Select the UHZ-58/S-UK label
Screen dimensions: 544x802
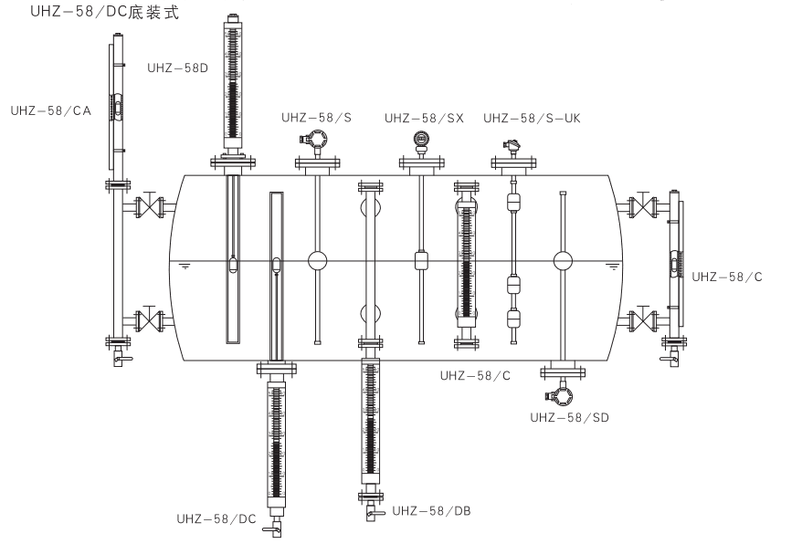532,118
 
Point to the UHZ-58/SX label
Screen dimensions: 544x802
424,118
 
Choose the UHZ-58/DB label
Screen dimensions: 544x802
431,510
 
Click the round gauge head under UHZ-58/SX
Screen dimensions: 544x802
420,140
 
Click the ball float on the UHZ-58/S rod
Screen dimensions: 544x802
317,260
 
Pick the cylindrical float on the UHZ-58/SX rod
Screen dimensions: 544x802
421,260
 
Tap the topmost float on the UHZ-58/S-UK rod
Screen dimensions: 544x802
513,200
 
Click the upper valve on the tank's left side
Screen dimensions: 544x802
145,206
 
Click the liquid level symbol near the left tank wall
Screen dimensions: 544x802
185,267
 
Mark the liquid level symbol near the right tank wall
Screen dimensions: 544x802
612,267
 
